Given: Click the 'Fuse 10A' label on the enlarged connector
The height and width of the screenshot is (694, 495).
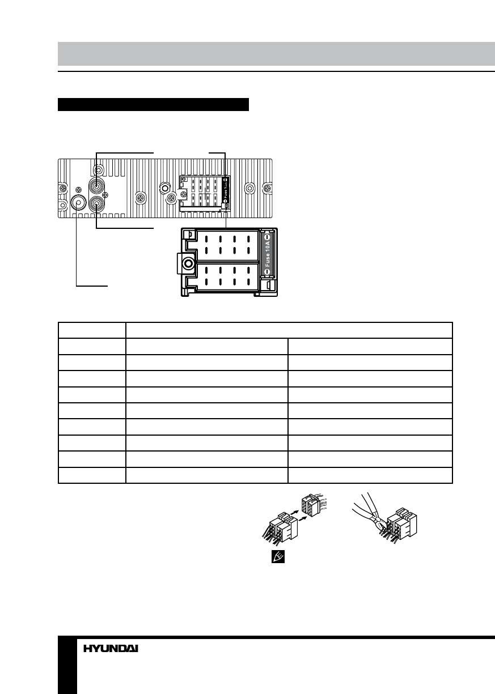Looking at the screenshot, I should click(268, 252).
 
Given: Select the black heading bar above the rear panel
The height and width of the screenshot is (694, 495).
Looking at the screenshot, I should click(154, 105).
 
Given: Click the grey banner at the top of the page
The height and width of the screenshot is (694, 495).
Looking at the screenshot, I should click(276, 53).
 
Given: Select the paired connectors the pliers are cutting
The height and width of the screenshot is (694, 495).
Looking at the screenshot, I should click(402, 526).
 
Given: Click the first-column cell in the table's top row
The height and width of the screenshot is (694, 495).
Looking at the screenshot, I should click(92, 330).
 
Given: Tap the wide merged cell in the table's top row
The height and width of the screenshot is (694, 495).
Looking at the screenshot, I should click(289, 330).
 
